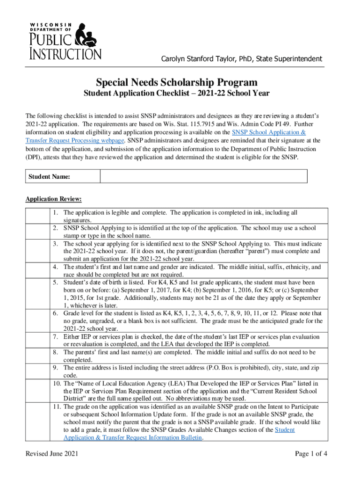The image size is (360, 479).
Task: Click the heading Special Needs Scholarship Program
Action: (176, 82)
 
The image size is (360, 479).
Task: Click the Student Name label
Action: (50, 176)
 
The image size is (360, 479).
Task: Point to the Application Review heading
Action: (54, 199)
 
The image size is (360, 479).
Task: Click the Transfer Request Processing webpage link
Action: (75, 140)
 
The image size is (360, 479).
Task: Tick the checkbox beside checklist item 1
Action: (37, 216)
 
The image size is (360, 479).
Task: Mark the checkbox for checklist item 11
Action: (37, 418)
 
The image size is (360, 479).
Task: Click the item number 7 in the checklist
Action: (55, 337)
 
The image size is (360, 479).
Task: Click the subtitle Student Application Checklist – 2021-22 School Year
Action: (176, 93)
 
